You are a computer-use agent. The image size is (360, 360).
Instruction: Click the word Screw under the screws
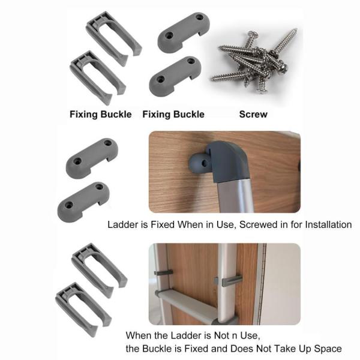[x=253, y=115]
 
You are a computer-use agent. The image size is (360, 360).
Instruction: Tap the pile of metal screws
[x=254, y=60]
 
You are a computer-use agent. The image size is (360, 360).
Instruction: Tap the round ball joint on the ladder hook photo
[x=199, y=163]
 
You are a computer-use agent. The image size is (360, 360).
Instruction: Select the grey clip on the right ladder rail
[x=229, y=280]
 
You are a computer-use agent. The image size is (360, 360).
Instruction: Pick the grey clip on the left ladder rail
[x=163, y=272]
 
